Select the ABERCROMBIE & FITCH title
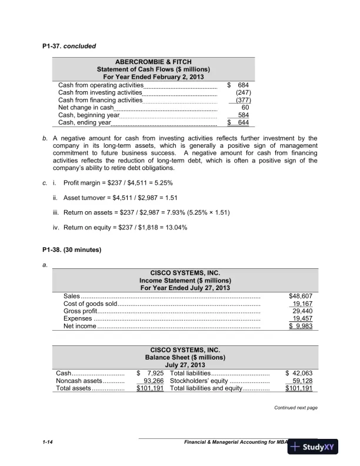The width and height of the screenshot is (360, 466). [x=153, y=62]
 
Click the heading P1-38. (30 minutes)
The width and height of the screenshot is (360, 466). [x=72, y=249]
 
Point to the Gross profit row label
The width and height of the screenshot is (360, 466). [x=81, y=311]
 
